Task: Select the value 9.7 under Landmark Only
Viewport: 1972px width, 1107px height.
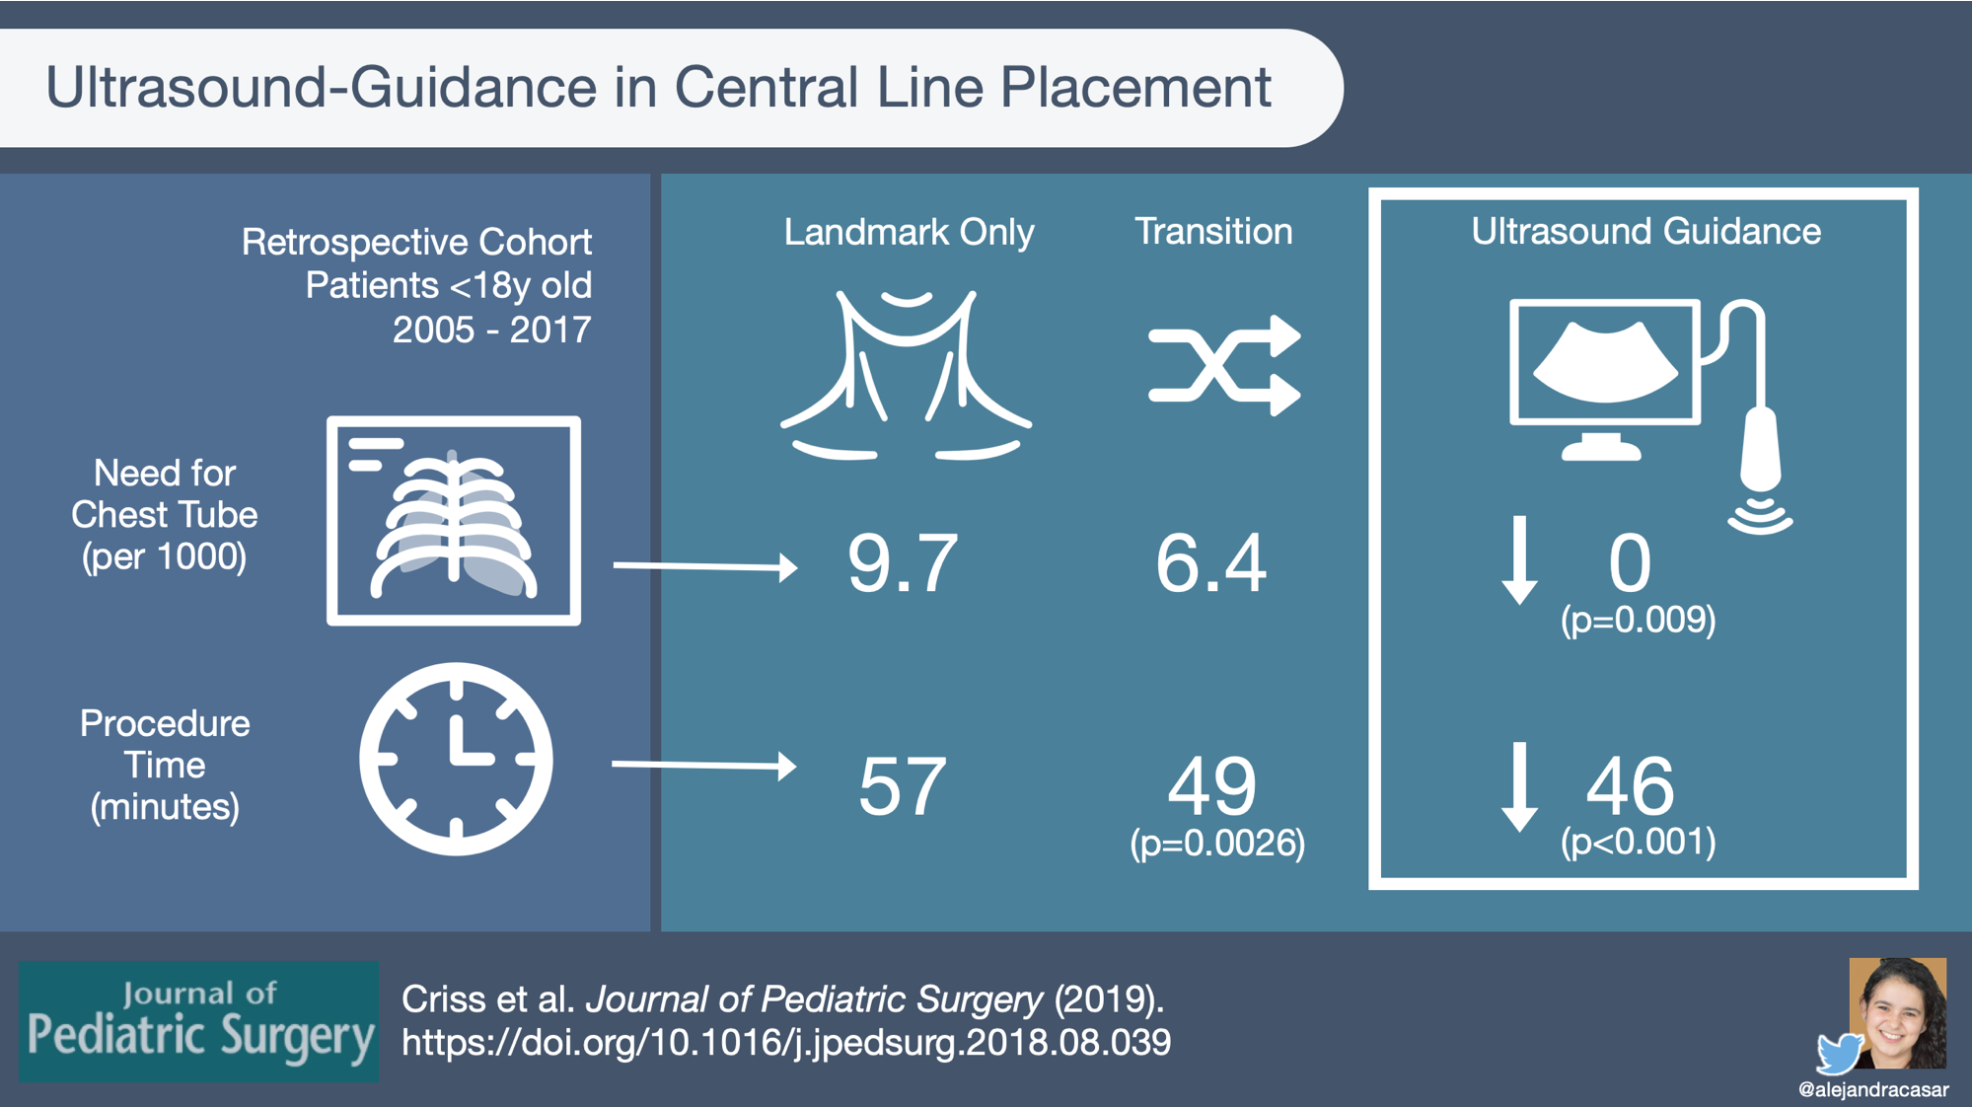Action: tap(903, 563)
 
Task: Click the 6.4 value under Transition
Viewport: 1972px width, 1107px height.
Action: tap(1210, 563)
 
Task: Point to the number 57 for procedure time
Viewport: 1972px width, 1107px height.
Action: tap(903, 786)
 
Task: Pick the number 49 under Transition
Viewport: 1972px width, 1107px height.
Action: tap(1212, 786)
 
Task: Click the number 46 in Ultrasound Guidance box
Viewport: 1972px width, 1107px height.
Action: tap(1630, 786)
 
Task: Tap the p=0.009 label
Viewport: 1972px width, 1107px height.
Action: tap(1639, 620)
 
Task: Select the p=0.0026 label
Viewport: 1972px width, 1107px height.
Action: tap(1217, 843)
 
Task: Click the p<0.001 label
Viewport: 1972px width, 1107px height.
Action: tap(1639, 842)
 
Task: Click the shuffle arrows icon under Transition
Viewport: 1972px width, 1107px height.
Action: tap(1224, 365)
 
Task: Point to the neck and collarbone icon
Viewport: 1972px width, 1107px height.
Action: tap(906, 374)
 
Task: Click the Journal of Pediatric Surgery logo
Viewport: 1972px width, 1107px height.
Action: tap(199, 1021)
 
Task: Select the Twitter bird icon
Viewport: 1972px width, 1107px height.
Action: tap(1841, 1052)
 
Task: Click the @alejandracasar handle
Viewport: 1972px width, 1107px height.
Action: tap(1873, 1089)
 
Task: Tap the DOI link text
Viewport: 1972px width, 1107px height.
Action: tap(786, 1043)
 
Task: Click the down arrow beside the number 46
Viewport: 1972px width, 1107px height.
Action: tap(1519, 786)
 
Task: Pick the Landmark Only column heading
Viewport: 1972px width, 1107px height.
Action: tap(909, 233)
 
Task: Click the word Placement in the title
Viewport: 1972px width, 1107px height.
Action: tap(1135, 87)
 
